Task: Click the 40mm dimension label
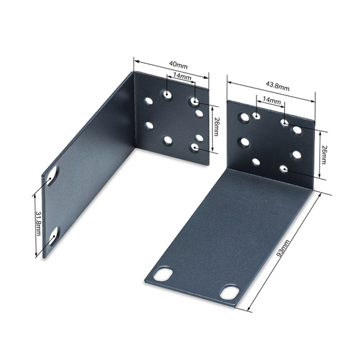(x=179, y=66)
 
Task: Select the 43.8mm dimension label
(x=277, y=87)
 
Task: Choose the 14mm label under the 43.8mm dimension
(x=271, y=100)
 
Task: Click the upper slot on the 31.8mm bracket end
(x=51, y=178)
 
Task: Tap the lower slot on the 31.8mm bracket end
(x=53, y=236)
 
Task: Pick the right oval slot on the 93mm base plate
(x=230, y=292)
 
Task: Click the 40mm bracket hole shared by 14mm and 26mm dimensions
(x=195, y=101)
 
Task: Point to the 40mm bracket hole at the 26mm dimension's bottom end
(x=195, y=148)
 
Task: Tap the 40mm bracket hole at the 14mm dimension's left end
(x=167, y=94)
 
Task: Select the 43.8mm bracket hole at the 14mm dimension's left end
(x=256, y=116)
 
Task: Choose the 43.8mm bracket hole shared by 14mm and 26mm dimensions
(x=284, y=124)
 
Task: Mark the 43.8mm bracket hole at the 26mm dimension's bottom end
(x=284, y=169)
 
